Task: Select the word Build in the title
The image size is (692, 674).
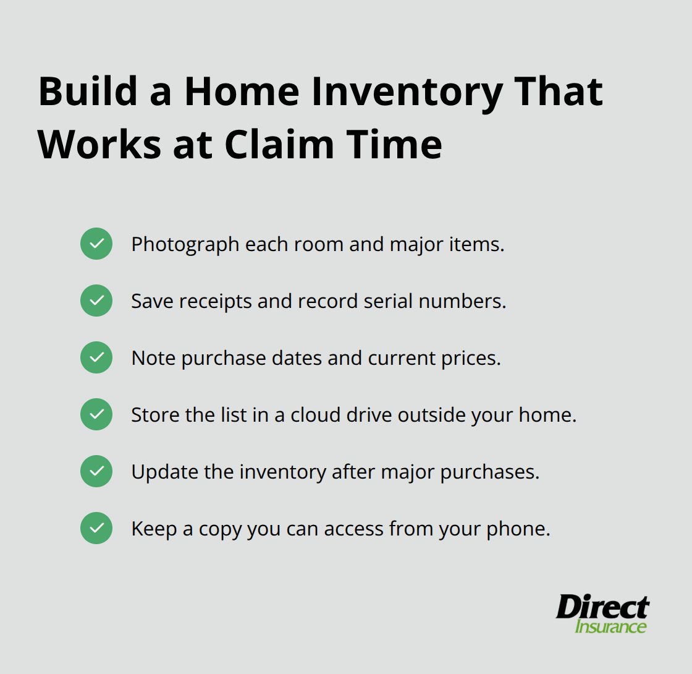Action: click(86, 92)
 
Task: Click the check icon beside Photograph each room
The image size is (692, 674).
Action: click(96, 244)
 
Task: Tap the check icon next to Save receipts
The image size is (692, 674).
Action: click(96, 301)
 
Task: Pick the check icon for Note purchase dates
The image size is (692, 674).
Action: click(96, 358)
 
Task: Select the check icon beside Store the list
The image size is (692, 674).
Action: click(96, 415)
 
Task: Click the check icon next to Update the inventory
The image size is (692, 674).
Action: click(96, 472)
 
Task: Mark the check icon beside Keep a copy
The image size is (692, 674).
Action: click(96, 529)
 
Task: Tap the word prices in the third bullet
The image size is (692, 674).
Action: click(471, 358)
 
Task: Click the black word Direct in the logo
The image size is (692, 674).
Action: click(602, 607)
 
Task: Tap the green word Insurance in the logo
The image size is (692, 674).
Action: click(610, 626)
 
